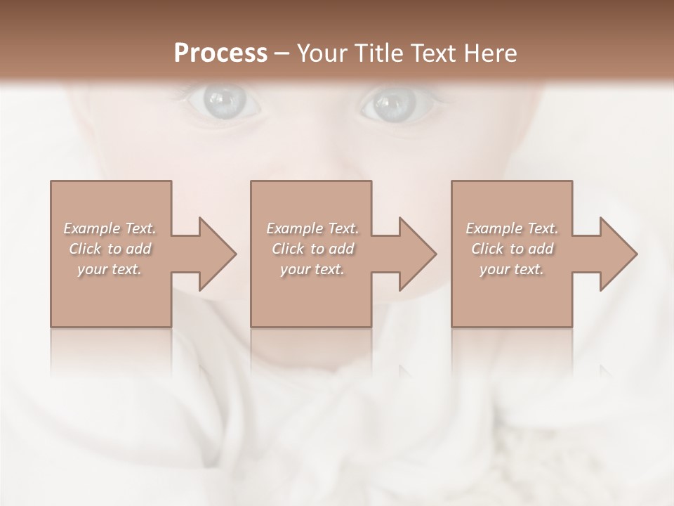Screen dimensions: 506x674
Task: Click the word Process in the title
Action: click(x=220, y=53)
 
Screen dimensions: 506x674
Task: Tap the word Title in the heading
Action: click(x=379, y=53)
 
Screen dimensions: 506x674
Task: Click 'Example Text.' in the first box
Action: click(x=110, y=228)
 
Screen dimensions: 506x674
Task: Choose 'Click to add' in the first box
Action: click(x=110, y=249)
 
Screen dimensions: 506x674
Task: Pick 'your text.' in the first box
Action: click(x=110, y=269)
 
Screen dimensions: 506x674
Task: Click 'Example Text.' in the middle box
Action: click(x=312, y=228)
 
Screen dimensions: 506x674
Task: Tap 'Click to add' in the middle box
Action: click(x=312, y=249)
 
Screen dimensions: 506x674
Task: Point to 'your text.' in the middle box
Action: click(x=312, y=269)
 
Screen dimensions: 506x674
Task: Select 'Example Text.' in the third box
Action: click(x=512, y=228)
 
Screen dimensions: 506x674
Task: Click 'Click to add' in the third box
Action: click(x=512, y=249)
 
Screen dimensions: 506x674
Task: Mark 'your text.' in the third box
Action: click(x=512, y=269)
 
